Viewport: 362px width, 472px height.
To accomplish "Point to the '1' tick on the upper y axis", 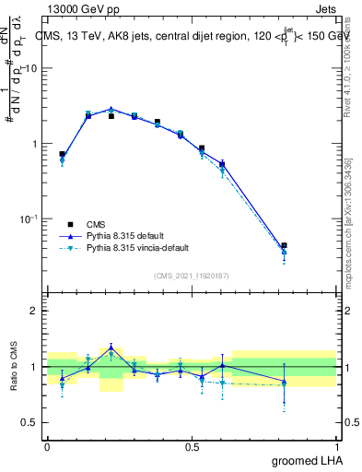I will point(36,144).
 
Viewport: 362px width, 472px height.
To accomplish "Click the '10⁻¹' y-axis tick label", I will point(29,218).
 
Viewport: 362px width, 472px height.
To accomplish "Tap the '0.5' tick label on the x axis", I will point(192,446).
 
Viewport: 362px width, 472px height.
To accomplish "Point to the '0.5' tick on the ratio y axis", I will point(30,422).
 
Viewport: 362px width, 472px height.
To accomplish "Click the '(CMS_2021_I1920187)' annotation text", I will point(192,275).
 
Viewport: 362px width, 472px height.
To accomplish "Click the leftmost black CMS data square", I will point(62,155).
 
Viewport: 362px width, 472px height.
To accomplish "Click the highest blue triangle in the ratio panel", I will point(111,348).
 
